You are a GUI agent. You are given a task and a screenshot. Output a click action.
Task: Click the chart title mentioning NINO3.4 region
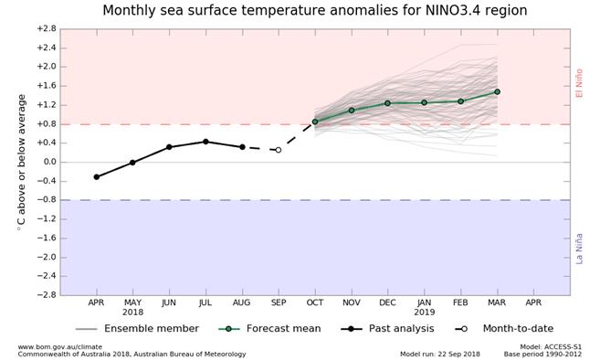[314, 11]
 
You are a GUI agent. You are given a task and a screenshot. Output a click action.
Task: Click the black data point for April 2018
[96, 177]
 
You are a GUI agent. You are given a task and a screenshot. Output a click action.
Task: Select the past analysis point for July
[205, 142]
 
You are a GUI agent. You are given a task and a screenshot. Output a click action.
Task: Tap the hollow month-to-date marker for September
[279, 150]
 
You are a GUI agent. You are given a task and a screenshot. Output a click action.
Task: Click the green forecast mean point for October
[315, 122]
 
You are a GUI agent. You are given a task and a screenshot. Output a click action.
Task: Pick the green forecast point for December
[387, 103]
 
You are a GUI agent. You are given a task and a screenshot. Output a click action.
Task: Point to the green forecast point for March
[497, 91]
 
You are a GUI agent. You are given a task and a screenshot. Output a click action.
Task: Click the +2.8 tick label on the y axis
[46, 28]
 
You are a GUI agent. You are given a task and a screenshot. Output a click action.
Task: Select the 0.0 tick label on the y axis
[47, 162]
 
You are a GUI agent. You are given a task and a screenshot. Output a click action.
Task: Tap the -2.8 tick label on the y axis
[46, 295]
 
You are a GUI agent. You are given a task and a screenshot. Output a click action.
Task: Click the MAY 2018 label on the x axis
[132, 307]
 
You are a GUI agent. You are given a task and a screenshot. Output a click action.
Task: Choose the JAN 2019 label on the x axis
[424, 307]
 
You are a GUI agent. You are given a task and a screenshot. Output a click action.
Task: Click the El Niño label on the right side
[579, 83]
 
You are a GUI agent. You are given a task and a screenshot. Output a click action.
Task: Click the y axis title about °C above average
[21, 162]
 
